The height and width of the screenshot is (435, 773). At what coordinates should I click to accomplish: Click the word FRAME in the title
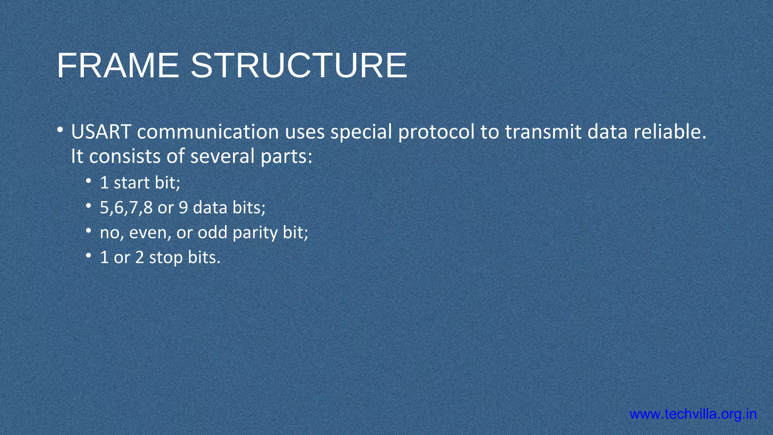click(117, 66)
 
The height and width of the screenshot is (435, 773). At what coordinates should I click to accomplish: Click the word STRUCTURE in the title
click(299, 66)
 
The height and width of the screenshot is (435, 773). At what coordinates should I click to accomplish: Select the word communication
click(208, 132)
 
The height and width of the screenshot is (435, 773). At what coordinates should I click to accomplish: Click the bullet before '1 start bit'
click(88, 182)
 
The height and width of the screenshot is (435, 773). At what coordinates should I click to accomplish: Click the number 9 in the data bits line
click(183, 208)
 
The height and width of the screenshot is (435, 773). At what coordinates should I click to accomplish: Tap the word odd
click(212, 233)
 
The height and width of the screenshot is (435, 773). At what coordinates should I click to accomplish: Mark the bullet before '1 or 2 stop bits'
click(88, 256)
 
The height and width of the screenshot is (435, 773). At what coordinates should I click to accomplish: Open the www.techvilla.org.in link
click(693, 414)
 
